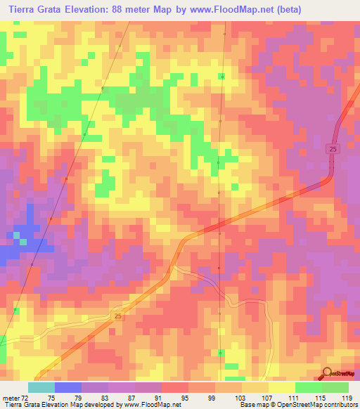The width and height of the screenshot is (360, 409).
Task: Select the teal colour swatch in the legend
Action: click(x=41, y=387)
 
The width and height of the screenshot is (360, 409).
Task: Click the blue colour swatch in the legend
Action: click(x=67, y=387)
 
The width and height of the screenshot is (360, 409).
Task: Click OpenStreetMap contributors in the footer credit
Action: click(x=316, y=405)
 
